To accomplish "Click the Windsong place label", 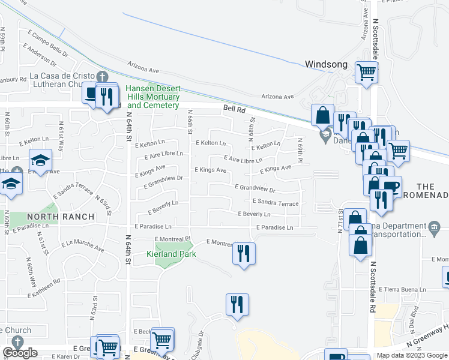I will [326, 64].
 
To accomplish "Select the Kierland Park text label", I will [172, 254].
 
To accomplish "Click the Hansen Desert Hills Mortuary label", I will [152, 97].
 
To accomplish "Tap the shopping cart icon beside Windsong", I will [366, 73].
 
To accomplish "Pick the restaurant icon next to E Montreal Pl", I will [244, 253].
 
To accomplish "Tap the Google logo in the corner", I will [20, 352].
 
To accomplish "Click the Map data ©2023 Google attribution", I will [411, 355].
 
